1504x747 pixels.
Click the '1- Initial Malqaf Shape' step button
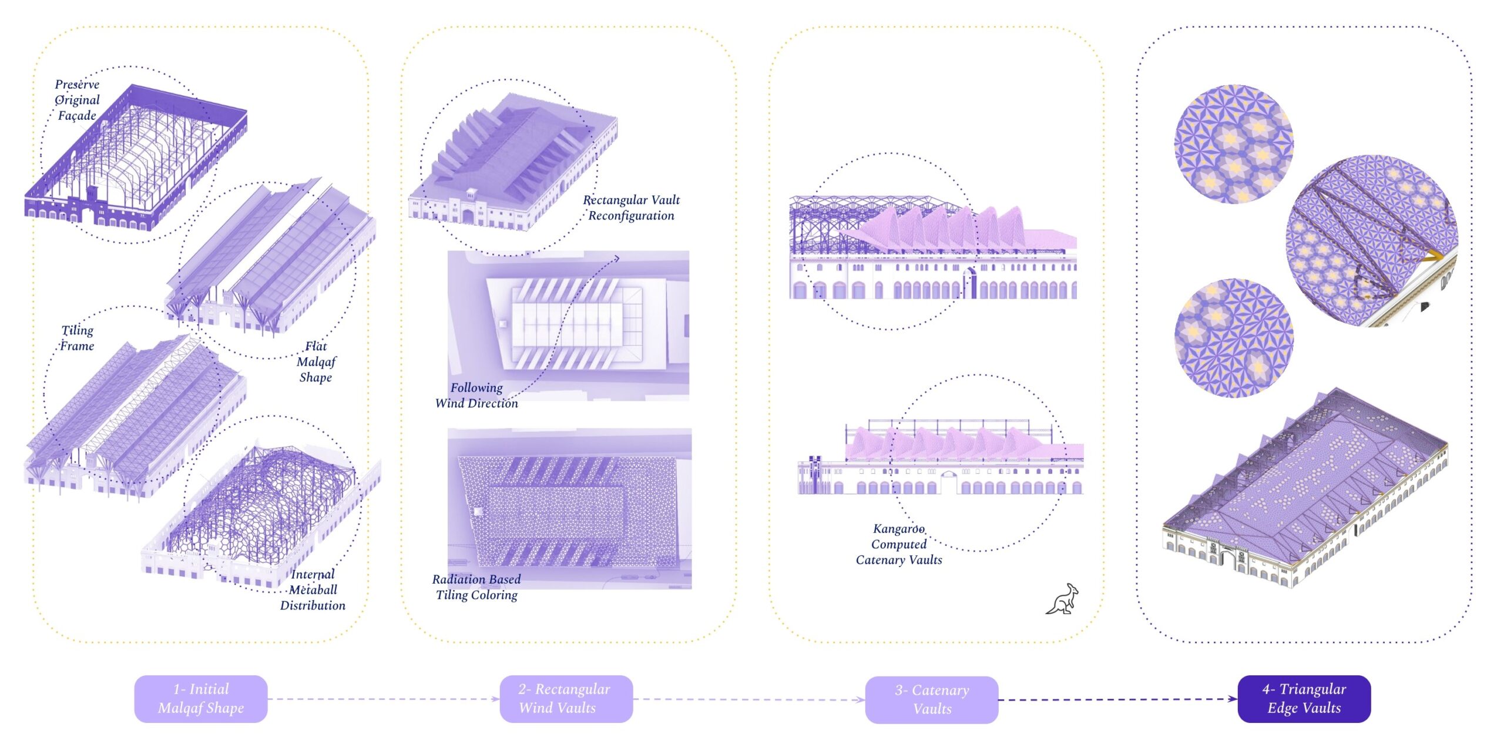coord(201,698)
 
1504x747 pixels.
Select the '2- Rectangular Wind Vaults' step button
coord(566,698)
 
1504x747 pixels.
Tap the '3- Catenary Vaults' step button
coord(931,699)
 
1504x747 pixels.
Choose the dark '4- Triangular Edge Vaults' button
coord(1304,698)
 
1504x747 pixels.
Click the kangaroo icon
coord(1063,599)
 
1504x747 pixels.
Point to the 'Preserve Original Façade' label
coord(78,100)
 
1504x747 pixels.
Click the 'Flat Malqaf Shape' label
coord(316,361)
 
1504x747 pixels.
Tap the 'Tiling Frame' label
coord(78,338)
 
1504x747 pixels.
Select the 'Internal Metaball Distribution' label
coord(313,589)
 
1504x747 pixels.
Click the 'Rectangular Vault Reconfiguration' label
coord(631,207)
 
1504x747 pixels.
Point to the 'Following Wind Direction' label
coord(476,395)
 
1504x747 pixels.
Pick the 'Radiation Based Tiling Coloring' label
coord(476,587)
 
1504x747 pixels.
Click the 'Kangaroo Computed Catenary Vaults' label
coord(899,544)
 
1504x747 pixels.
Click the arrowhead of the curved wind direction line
coord(616,257)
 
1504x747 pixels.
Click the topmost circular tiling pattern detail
coord(1234,144)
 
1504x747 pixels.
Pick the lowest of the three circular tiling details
coord(1234,338)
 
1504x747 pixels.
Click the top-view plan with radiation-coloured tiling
coord(569,508)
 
